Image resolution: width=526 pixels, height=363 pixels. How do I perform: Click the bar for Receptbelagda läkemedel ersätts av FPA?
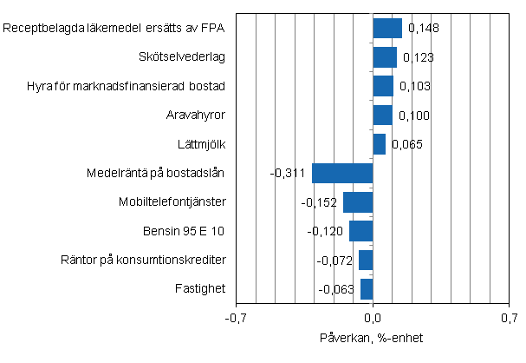pyautogui.click(x=387, y=29)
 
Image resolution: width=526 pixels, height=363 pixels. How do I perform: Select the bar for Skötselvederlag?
pyautogui.click(x=385, y=57)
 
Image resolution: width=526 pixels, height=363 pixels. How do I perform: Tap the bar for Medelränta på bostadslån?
pyautogui.click(x=342, y=173)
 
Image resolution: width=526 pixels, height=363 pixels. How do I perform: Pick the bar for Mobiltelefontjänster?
pyautogui.click(x=358, y=202)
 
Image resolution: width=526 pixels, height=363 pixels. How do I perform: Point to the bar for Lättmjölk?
pyautogui.click(x=379, y=144)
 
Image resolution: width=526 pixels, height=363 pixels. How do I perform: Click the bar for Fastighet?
pyautogui.click(x=367, y=289)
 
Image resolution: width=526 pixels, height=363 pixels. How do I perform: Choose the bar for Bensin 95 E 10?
pyautogui.click(x=360, y=231)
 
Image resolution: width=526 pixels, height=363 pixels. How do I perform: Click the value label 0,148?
pyautogui.click(x=423, y=29)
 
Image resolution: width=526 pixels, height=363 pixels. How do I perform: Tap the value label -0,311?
pyautogui.click(x=288, y=174)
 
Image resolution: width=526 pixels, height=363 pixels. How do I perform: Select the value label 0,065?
pyautogui.click(x=406, y=144)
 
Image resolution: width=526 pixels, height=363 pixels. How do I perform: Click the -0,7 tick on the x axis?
pyautogui.click(x=236, y=319)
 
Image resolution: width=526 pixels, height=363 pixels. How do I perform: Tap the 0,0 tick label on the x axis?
pyautogui.click(x=373, y=319)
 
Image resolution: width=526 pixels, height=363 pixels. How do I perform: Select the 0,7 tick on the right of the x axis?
pyautogui.click(x=509, y=319)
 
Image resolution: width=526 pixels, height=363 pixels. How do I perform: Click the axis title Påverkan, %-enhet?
pyautogui.click(x=373, y=338)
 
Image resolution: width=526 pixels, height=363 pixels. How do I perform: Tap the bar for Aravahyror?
pyautogui.click(x=382, y=115)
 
